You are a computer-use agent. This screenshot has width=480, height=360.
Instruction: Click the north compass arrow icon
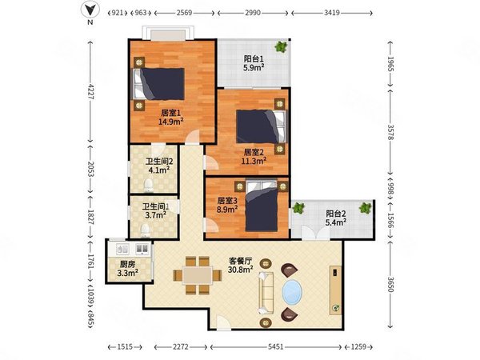tap(90, 10)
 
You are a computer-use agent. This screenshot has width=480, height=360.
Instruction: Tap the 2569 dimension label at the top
tap(184, 13)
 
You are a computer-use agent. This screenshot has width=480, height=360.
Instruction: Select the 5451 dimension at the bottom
tap(275, 347)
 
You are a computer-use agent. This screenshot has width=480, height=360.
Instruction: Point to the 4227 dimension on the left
tap(90, 91)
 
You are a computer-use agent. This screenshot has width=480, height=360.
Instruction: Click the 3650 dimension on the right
tap(390, 284)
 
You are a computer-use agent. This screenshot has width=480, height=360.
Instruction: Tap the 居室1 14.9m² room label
tap(171, 118)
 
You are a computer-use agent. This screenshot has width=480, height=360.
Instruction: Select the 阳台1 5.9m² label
tap(254, 63)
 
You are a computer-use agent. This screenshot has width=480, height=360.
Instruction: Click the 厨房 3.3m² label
tap(128, 269)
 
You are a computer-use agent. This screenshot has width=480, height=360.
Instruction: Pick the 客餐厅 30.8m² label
tap(241, 265)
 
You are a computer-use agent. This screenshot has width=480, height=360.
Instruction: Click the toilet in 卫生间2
tap(149, 186)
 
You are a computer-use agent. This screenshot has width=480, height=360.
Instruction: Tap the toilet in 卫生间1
tap(145, 230)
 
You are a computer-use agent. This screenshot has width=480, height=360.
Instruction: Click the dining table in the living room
tap(198, 275)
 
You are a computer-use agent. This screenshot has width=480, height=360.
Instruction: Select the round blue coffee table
tap(292, 292)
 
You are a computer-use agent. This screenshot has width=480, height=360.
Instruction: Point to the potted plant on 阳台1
tap(281, 46)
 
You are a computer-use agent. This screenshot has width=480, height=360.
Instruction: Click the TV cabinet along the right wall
tap(335, 290)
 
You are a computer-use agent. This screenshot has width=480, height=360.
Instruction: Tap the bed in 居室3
tap(262, 206)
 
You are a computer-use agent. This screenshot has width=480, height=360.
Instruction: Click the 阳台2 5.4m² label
tap(336, 218)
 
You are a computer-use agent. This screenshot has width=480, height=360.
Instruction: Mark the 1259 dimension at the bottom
tap(358, 347)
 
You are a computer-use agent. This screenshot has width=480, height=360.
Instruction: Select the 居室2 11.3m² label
tap(254, 157)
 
